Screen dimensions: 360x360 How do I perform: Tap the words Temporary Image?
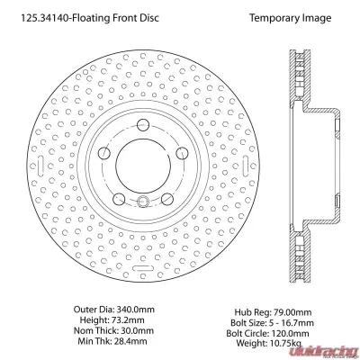(291, 18)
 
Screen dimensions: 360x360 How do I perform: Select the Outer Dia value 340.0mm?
(135, 310)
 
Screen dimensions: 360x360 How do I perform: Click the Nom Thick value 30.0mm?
(137, 330)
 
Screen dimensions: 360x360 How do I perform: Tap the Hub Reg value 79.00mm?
(292, 312)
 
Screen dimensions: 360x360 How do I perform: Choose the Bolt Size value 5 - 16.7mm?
(291, 323)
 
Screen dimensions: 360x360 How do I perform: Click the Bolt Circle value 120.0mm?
(290, 333)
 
